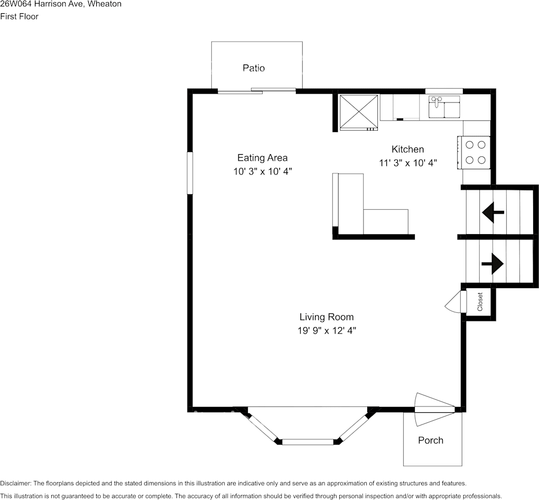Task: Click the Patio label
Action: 254,68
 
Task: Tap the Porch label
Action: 430,440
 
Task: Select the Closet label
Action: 480,302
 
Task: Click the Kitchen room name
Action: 407,149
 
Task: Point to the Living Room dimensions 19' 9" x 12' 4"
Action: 326,331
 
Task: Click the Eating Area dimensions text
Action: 263,171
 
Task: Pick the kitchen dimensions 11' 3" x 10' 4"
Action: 408,163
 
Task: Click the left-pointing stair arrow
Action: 492,212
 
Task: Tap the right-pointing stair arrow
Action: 492,263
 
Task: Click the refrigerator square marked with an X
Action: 358,112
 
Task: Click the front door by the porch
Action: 434,409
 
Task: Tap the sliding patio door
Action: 257,90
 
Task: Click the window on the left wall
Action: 190,173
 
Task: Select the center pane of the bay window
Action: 308,441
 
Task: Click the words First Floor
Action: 20,16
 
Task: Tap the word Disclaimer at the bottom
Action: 15,483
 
